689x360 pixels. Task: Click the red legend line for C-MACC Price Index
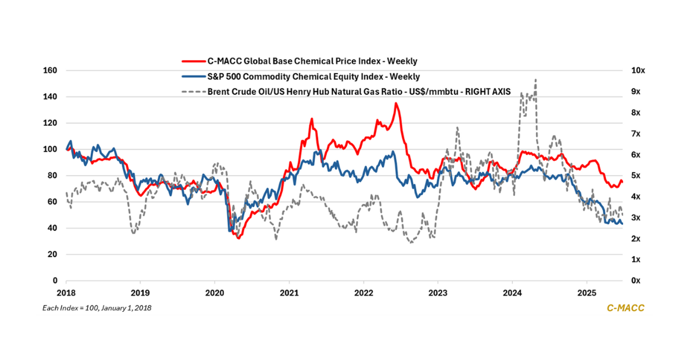click(192, 60)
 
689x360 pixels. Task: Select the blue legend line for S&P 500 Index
click(192, 76)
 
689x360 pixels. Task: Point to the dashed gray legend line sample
click(192, 91)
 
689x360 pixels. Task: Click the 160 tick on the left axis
click(51, 71)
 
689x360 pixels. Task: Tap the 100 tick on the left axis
click(51, 149)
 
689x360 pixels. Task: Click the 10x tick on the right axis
click(638, 71)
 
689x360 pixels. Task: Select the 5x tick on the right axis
click(636, 176)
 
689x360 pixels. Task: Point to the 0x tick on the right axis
click(636, 281)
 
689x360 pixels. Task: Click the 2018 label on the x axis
click(66, 292)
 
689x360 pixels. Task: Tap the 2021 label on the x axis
click(289, 292)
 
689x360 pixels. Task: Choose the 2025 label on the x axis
click(586, 292)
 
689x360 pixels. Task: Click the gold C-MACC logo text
click(625, 308)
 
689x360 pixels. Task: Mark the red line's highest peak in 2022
click(396, 103)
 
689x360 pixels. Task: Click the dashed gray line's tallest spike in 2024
click(536, 80)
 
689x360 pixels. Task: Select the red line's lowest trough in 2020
click(238, 237)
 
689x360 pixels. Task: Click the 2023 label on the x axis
click(438, 292)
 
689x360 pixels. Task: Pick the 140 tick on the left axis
click(51, 97)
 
